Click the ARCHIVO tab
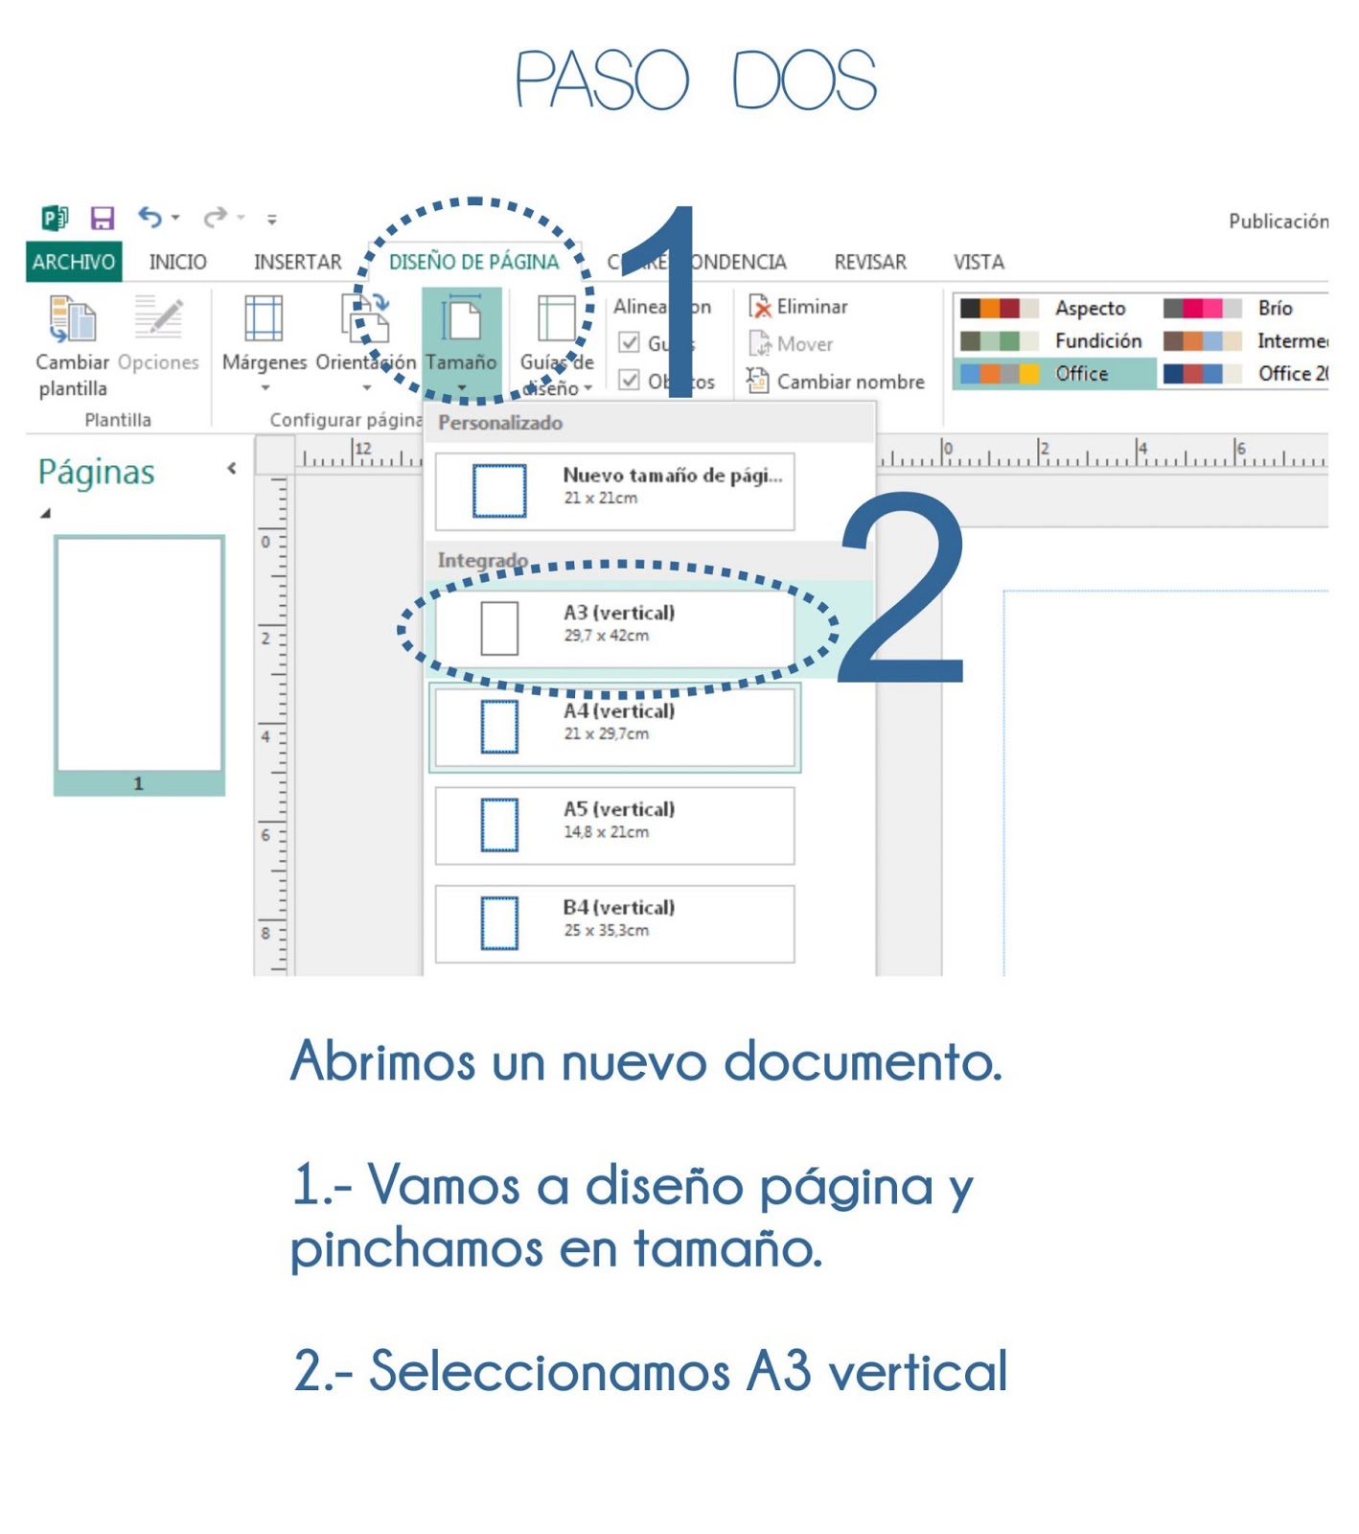click(73, 262)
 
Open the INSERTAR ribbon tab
click(297, 262)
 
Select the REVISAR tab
click(869, 262)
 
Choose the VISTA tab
click(978, 262)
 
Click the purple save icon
click(103, 219)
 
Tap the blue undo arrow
click(150, 218)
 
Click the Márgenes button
click(265, 336)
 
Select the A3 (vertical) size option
click(614, 628)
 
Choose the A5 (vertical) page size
click(614, 825)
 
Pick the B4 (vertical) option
click(614, 923)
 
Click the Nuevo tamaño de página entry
click(614, 491)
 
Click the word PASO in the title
click(602, 81)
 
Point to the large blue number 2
click(901, 590)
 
